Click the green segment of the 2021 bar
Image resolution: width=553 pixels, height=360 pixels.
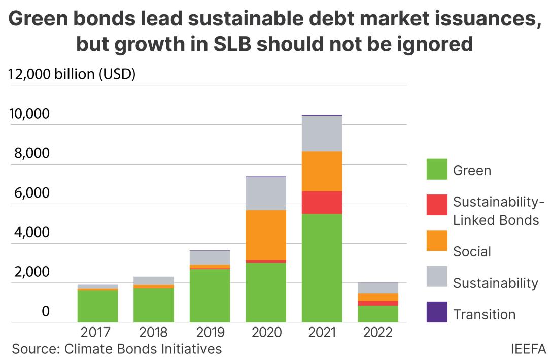(x=322, y=268)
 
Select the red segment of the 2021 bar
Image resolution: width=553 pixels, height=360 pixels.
(x=322, y=202)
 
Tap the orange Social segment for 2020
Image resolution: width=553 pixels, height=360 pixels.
(x=266, y=235)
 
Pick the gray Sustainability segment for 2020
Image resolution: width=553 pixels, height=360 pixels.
(x=266, y=193)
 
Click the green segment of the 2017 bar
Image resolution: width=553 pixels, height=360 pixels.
(x=97, y=306)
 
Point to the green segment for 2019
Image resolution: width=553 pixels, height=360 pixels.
(x=210, y=296)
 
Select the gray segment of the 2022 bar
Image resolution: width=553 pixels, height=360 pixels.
(x=377, y=288)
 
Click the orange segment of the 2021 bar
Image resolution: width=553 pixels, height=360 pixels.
(x=322, y=171)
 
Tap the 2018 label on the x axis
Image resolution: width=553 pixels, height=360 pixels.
(x=153, y=333)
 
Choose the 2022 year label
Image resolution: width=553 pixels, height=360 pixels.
(x=377, y=333)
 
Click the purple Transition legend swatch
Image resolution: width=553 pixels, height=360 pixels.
(x=437, y=312)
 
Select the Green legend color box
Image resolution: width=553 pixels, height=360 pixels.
(x=437, y=169)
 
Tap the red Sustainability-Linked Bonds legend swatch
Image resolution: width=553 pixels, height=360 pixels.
(x=437, y=205)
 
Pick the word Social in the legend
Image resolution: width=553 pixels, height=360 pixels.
(x=472, y=251)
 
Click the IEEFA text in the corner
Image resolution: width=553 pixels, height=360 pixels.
(x=529, y=349)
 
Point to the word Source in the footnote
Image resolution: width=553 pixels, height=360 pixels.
(x=31, y=349)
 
